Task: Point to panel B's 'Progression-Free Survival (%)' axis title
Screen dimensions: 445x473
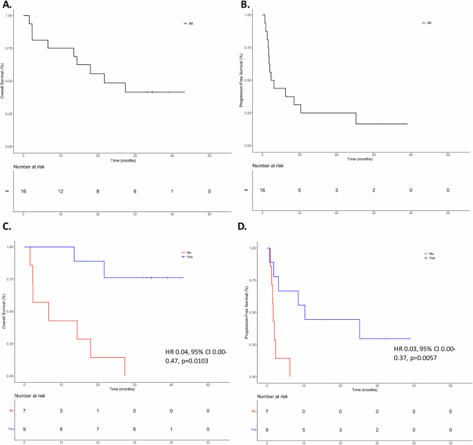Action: pos(243,79)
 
